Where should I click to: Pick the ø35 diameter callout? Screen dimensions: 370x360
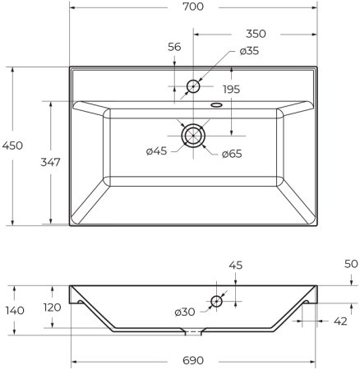click(x=250, y=51)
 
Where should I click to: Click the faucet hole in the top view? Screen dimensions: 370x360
click(x=194, y=86)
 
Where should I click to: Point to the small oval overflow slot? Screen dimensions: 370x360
click(x=216, y=104)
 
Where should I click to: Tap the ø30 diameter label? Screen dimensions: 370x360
click(x=185, y=312)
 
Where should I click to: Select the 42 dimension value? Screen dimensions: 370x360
click(x=341, y=322)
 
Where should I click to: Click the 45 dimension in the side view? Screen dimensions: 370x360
click(x=234, y=265)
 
